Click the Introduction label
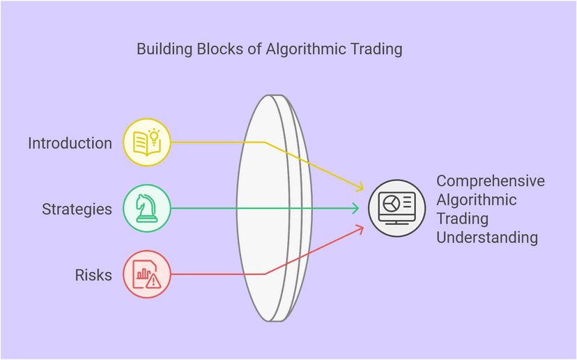[70, 143]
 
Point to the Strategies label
[77, 209]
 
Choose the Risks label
[93, 275]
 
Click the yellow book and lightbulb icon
[146, 143]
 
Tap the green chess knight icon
[146, 208]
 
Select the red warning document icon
[146, 274]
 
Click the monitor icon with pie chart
[396, 208]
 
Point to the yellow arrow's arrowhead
[360, 187]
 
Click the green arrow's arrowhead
[356, 208]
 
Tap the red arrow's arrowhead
[360, 228]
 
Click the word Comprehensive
[491, 181]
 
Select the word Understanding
[487, 237]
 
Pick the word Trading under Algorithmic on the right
[457, 219]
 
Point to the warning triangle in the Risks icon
[153, 281]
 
